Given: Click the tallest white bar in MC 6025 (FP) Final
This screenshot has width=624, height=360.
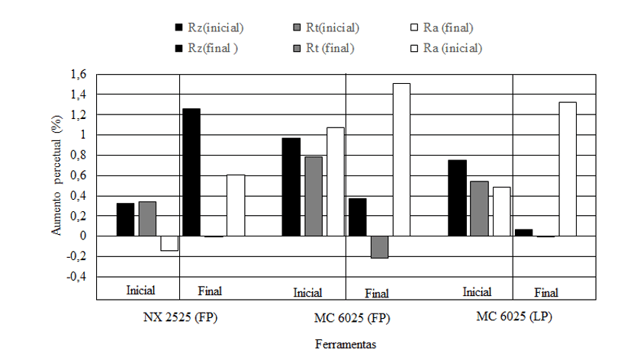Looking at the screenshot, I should (x=401, y=159).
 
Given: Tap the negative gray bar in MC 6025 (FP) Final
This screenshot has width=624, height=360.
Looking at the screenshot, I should (x=380, y=247).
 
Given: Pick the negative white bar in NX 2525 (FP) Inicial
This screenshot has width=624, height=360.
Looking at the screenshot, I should (x=169, y=243).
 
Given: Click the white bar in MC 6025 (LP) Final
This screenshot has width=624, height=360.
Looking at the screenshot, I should (x=567, y=169).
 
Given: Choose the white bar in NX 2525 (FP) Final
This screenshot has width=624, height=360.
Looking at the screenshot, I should (x=236, y=205).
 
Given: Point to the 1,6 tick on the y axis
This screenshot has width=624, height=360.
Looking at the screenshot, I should (x=79, y=75).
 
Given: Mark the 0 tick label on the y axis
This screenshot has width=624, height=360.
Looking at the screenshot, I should (x=84, y=236).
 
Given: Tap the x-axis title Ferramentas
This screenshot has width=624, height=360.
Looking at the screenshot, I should (x=346, y=344).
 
